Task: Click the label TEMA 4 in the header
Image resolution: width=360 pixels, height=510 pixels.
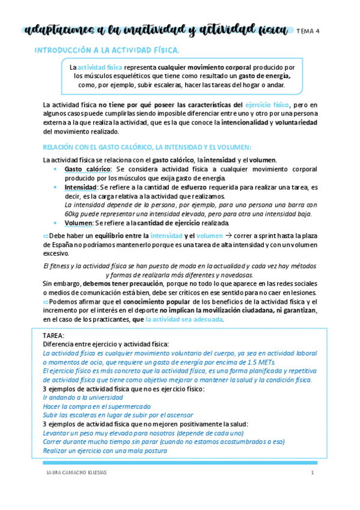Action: click(x=308, y=32)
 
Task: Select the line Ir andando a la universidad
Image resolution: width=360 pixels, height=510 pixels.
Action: click(x=84, y=398)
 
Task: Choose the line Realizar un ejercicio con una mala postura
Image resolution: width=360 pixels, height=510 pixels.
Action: click(x=106, y=450)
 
